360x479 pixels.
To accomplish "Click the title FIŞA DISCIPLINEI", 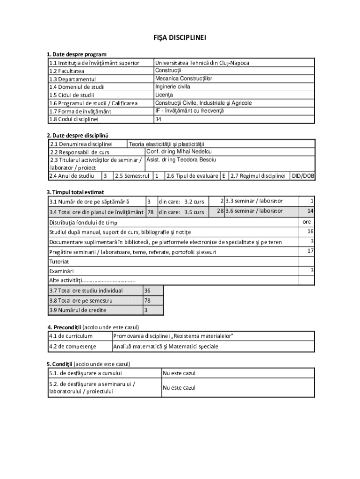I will click(x=180, y=37).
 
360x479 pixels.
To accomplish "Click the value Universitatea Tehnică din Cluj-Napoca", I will click(x=202, y=63).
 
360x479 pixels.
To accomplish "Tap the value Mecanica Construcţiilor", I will click(x=183, y=79).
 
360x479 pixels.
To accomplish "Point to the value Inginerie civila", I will click(x=173, y=87).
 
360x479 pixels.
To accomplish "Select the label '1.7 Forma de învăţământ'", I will click(x=81, y=111).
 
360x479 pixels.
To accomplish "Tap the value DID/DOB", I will click(x=302, y=176).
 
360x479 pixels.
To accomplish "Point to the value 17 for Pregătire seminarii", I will click(x=310, y=251).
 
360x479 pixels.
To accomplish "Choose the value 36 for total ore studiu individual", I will click(x=147, y=290).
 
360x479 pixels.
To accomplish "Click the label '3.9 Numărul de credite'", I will click(x=78, y=310).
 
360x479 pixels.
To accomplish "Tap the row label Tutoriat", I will click(x=59, y=261).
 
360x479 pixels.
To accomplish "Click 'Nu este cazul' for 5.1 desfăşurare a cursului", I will click(x=179, y=373).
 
